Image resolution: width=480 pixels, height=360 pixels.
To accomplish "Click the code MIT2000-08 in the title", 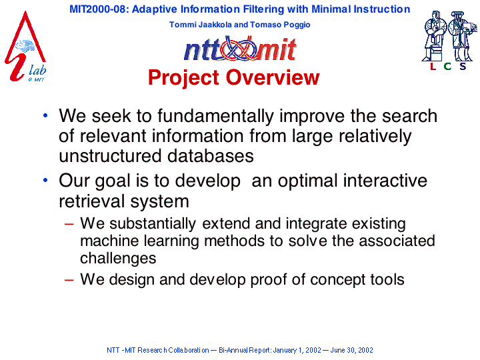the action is coord(98,9).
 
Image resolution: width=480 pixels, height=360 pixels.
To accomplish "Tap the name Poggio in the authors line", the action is coord(297,25).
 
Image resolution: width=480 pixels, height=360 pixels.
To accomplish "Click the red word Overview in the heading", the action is coord(273,77).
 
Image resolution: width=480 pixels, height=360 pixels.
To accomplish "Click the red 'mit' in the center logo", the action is coord(277,49).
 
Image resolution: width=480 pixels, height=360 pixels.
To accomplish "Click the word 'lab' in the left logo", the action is coord(37,70).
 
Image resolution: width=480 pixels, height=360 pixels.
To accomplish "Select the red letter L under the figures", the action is coord(433,66).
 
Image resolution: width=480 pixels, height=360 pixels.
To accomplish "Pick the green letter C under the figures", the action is coord(447,66).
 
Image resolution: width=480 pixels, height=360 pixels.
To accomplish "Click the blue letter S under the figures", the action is coord(463,66).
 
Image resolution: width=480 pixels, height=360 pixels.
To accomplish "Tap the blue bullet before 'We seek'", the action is coord(45,116).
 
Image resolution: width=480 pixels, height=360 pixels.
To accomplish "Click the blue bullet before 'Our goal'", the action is coord(45,180).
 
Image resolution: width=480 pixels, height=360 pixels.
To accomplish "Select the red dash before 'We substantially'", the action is coord(69,224).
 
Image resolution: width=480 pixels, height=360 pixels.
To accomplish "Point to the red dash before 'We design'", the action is coord(69,280).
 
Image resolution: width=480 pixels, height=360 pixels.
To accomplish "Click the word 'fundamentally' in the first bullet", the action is coord(215,116).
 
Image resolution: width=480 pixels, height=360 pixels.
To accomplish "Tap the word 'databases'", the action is coord(210,156).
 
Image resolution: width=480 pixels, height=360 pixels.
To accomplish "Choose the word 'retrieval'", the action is coord(92,201).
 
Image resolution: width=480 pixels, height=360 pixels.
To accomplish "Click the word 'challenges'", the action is coord(118,258).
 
